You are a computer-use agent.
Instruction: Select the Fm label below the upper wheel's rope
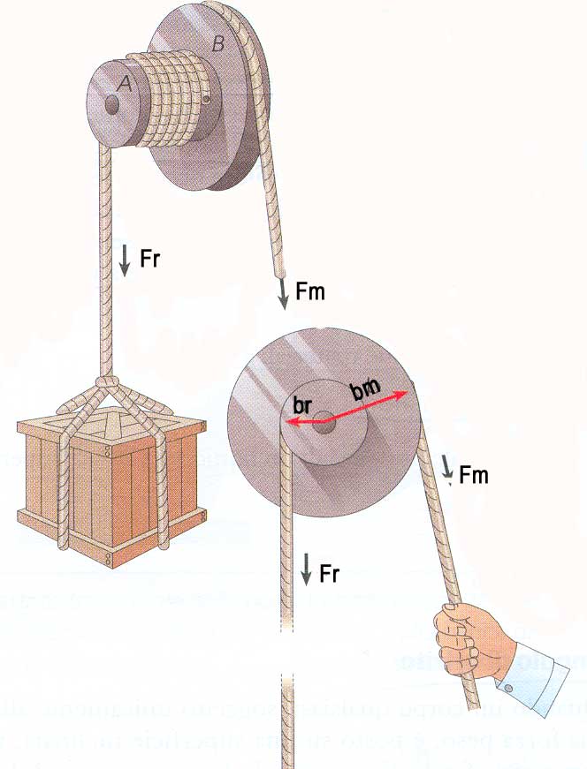click(x=310, y=290)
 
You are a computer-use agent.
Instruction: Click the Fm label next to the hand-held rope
click(x=474, y=476)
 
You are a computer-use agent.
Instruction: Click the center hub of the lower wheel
click(x=324, y=421)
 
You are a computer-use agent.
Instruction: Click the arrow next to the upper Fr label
click(x=125, y=260)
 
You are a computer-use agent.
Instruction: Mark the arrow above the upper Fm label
click(x=284, y=293)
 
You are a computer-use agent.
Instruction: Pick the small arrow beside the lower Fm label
click(x=448, y=470)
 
